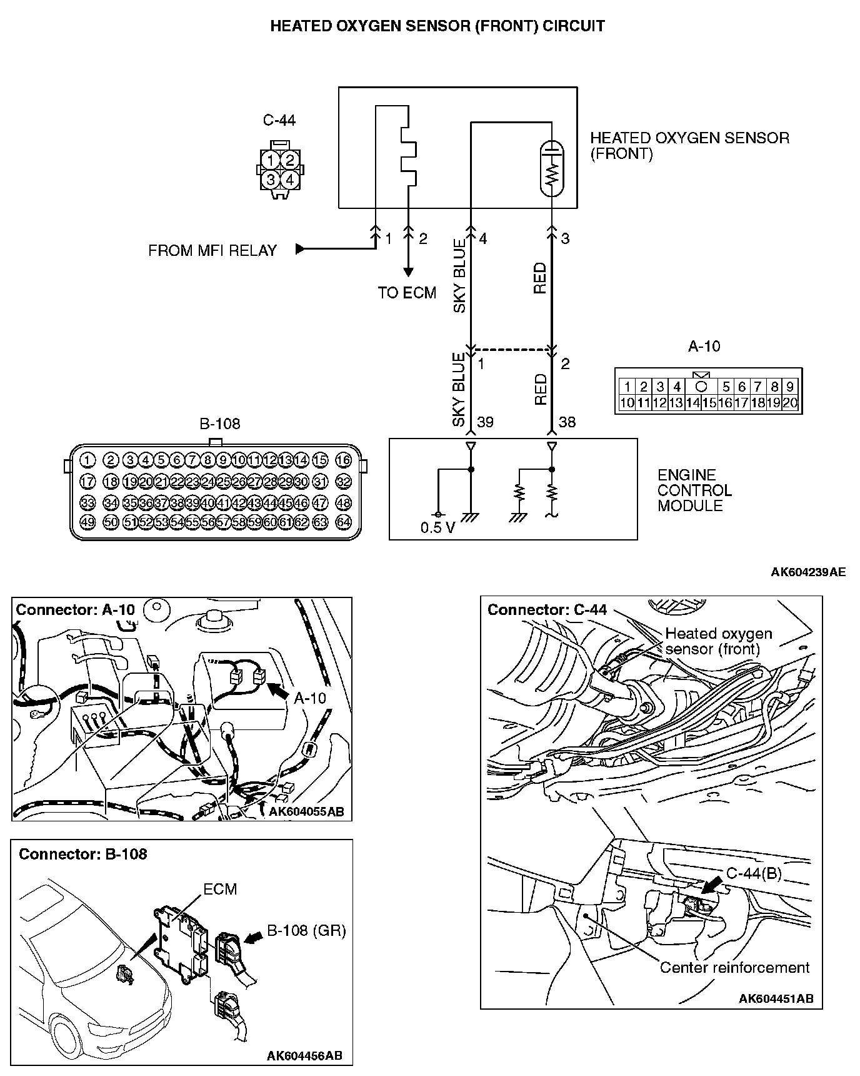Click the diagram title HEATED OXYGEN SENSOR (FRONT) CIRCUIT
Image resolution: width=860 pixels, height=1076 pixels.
click(x=437, y=26)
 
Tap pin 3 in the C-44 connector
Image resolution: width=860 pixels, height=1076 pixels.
click(x=271, y=180)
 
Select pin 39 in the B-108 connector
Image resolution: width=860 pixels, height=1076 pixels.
click(x=192, y=502)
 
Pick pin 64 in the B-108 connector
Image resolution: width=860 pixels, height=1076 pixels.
click(x=344, y=522)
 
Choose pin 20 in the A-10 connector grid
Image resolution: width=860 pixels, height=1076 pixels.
click(x=790, y=403)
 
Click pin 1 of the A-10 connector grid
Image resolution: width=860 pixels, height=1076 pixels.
click(x=627, y=387)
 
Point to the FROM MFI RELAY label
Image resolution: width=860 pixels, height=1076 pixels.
click(x=212, y=251)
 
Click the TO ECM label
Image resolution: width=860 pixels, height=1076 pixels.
click(x=407, y=293)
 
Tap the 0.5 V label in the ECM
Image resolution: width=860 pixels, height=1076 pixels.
click(x=437, y=528)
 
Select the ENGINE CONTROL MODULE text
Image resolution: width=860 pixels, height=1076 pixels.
click(x=694, y=490)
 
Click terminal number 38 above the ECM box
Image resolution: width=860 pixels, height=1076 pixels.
click(x=567, y=422)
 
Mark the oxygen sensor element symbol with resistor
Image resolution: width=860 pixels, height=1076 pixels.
click(x=551, y=168)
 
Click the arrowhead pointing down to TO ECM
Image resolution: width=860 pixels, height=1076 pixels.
click(x=408, y=272)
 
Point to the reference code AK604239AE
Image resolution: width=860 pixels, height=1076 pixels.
click(x=808, y=572)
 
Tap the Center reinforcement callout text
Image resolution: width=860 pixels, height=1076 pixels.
click(x=734, y=968)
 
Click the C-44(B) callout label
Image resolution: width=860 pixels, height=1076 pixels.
click(x=754, y=873)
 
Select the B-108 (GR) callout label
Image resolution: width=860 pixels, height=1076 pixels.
click(x=306, y=930)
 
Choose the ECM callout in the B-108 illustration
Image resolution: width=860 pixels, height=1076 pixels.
click(x=220, y=889)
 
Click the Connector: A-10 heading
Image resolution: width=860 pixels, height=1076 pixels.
click(x=75, y=610)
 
